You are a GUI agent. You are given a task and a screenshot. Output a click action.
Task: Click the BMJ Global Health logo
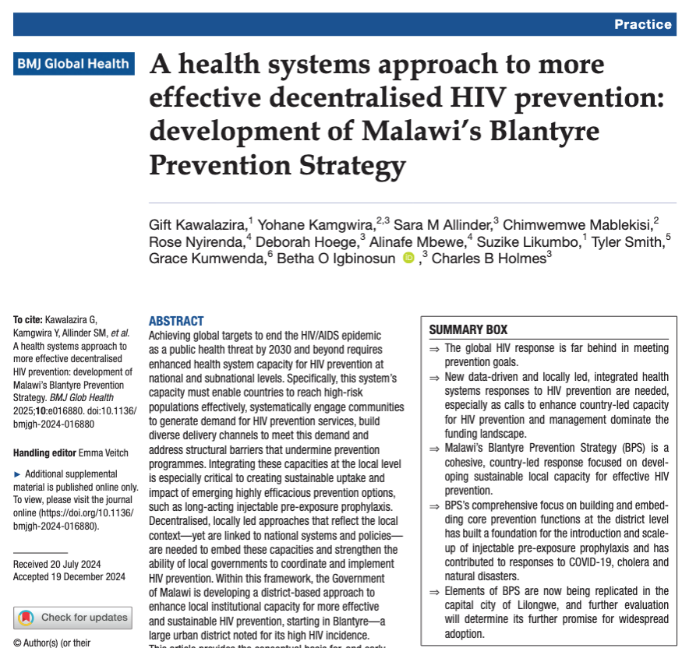point(73,64)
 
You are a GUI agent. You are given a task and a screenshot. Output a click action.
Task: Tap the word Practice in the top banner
point(642,24)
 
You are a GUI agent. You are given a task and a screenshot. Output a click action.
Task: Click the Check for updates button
point(72,618)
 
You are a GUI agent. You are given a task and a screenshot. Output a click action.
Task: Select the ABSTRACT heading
point(176,321)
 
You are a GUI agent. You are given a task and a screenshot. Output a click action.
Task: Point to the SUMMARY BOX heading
point(468,329)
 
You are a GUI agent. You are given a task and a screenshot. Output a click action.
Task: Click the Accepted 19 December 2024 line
point(69,576)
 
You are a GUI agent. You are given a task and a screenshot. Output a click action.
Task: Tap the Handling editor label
point(44,453)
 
